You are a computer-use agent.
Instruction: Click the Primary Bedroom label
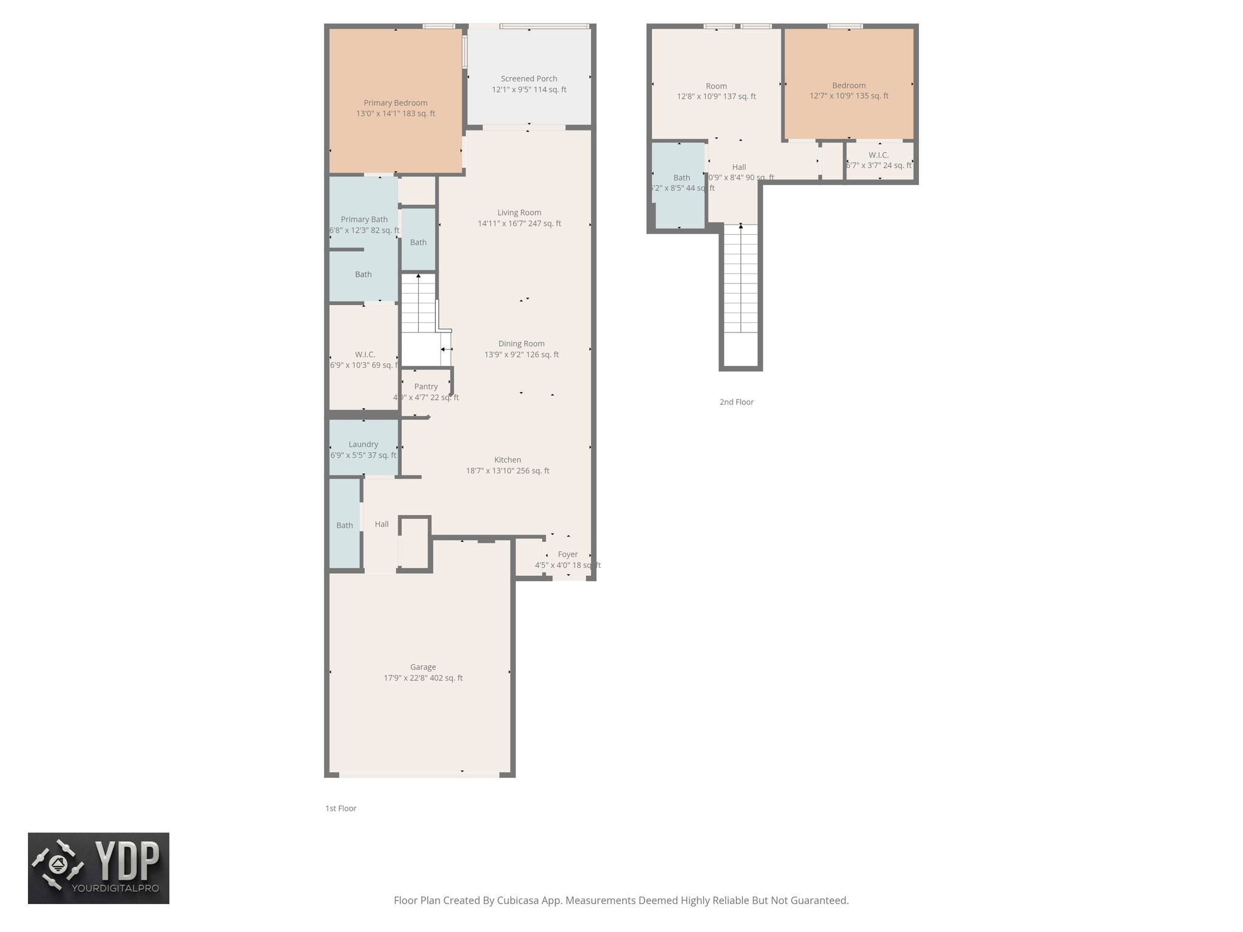(395, 103)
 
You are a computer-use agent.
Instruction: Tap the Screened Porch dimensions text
(529, 90)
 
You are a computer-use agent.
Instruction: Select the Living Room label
(519, 212)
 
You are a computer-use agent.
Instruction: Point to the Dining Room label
(521, 343)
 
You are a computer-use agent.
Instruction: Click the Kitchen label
(507, 460)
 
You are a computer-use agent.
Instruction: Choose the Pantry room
(425, 391)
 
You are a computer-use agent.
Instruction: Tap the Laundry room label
(363, 444)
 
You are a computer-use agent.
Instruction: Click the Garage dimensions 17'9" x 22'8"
(422, 678)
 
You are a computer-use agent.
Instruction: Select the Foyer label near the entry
(567, 554)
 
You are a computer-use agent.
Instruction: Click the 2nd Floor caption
(736, 402)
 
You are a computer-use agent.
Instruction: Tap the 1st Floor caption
(340, 808)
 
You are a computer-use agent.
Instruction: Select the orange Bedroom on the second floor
(848, 86)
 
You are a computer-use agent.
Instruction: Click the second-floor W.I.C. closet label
(878, 155)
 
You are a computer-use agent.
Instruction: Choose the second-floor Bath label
(682, 178)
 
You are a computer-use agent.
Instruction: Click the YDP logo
(98, 868)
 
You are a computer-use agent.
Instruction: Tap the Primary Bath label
(364, 220)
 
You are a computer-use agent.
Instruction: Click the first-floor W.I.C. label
(365, 354)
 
